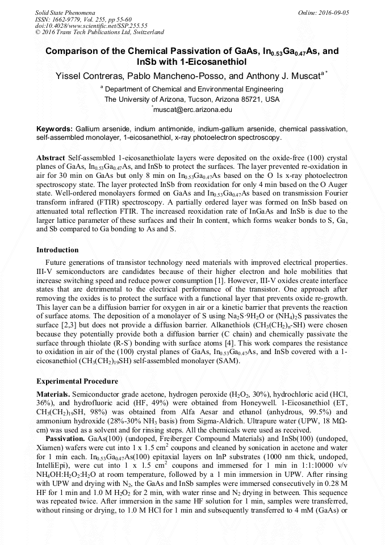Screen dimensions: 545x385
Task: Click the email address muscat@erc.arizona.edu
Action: (x=193, y=109)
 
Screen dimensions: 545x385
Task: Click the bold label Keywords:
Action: (x=55, y=129)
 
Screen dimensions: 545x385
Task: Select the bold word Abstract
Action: (x=51, y=156)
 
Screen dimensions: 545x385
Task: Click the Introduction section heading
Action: (x=57, y=250)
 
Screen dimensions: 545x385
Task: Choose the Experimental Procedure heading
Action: (x=77, y=381)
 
